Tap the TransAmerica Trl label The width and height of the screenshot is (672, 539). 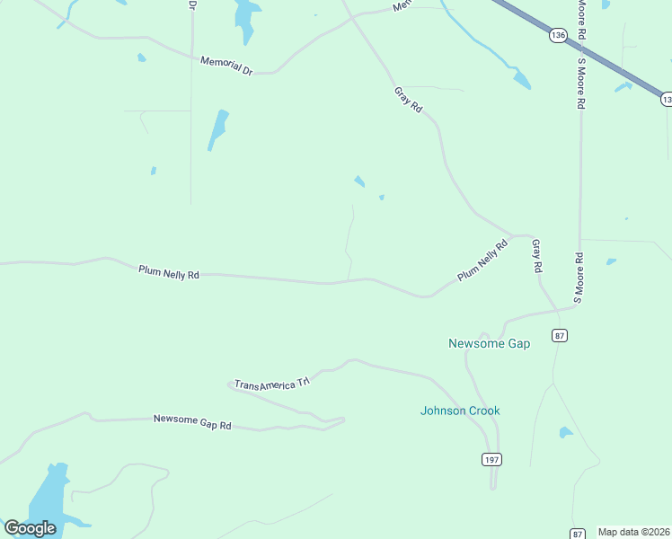coord(271,384)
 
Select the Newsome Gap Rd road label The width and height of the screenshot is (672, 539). coord(192,421)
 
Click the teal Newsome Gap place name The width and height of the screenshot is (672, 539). coord(489,343)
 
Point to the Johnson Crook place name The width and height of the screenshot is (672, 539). coord(460,411)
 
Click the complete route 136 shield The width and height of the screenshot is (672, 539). coord(558,35)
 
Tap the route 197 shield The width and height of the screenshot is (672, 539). coord(491,459)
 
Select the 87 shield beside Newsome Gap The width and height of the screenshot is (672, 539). coord(561,335)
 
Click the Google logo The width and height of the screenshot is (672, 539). coord(31,528)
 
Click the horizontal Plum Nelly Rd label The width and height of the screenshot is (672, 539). coord(168,271)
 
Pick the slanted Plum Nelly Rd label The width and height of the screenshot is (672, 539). coord(482,261)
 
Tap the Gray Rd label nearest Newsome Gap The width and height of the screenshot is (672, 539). coord(536,256)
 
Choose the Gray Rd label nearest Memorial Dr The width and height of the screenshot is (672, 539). coord(408,99)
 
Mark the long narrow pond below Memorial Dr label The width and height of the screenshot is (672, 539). coord(217,128)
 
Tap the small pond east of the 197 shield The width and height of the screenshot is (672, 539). coord(565,433)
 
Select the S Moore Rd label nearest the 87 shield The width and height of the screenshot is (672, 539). coord(579,278)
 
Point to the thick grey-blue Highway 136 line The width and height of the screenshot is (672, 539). coord(593,49)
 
